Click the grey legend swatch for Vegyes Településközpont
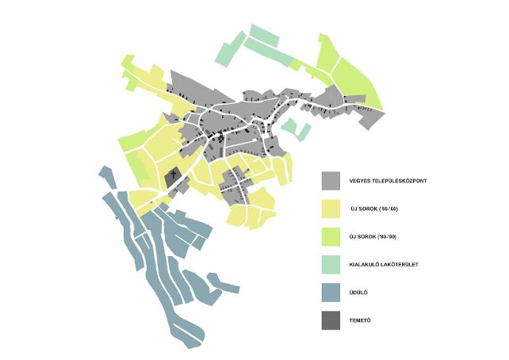pyautogui.click(x=331, y=182)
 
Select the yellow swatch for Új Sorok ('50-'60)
pyautogui.click(x=331, y=209)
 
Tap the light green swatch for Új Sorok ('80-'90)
pyautogui.click(x=331, y=237)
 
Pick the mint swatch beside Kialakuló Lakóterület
pyautogui.click(x=331, y=265)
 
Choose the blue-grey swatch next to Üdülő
pyautogui.click(x=331, y=293)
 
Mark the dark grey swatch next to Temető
pyautogui.click(x=331, y=320)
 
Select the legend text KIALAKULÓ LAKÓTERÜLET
pyautogui.click(x=386, y=266)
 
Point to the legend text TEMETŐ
pyautogui.click(x=362, y=320)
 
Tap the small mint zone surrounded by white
pyautogui.click(x=296, y=128)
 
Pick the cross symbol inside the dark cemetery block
pyautogui.click(x=171, y=174)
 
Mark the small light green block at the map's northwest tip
pyautogui.click(x=127, y=62)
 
